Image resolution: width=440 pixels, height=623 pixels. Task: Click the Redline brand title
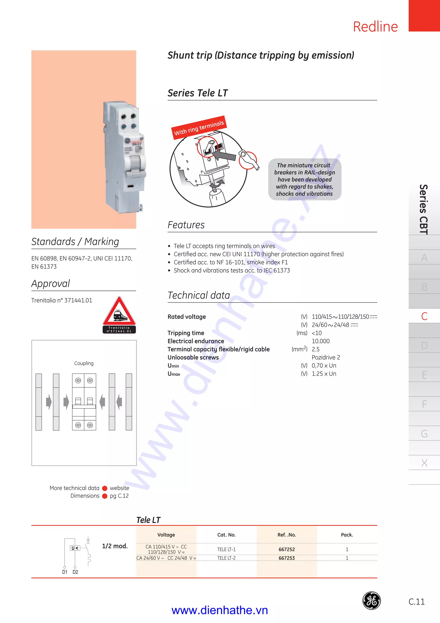click(x=375, y=27)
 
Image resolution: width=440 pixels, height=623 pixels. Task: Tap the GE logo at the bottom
click(x=371, y=600)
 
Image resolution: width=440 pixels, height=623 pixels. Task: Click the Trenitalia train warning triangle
click(x=119, y=312)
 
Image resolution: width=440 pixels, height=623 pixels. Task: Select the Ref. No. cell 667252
click(x=287, y=549)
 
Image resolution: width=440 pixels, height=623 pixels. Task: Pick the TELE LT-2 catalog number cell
click(x=226, y=558)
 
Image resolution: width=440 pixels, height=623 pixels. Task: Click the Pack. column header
click(x=347, y=535)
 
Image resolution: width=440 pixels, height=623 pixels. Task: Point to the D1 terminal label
click(x=64, y=572)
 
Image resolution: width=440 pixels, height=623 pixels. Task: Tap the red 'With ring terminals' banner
click(x=199, y=127)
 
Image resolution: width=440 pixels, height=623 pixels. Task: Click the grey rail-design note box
click(x=304, y=179)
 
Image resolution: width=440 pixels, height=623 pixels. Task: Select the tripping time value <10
click(x=317, y=333)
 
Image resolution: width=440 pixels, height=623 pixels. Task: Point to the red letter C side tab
click(x=424, y=316)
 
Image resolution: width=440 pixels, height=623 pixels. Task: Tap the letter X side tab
click(x=424, y=463)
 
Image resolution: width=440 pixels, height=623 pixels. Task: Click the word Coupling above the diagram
click(x=84, y=363)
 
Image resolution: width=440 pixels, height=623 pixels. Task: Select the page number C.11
click(x=416, y=602)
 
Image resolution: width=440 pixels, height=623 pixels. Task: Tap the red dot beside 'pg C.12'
click(x=105, y=496)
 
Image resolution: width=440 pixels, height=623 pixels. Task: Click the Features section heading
click(x=186, y=225)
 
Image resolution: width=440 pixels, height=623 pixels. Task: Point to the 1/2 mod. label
click(x=115, y=546)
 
